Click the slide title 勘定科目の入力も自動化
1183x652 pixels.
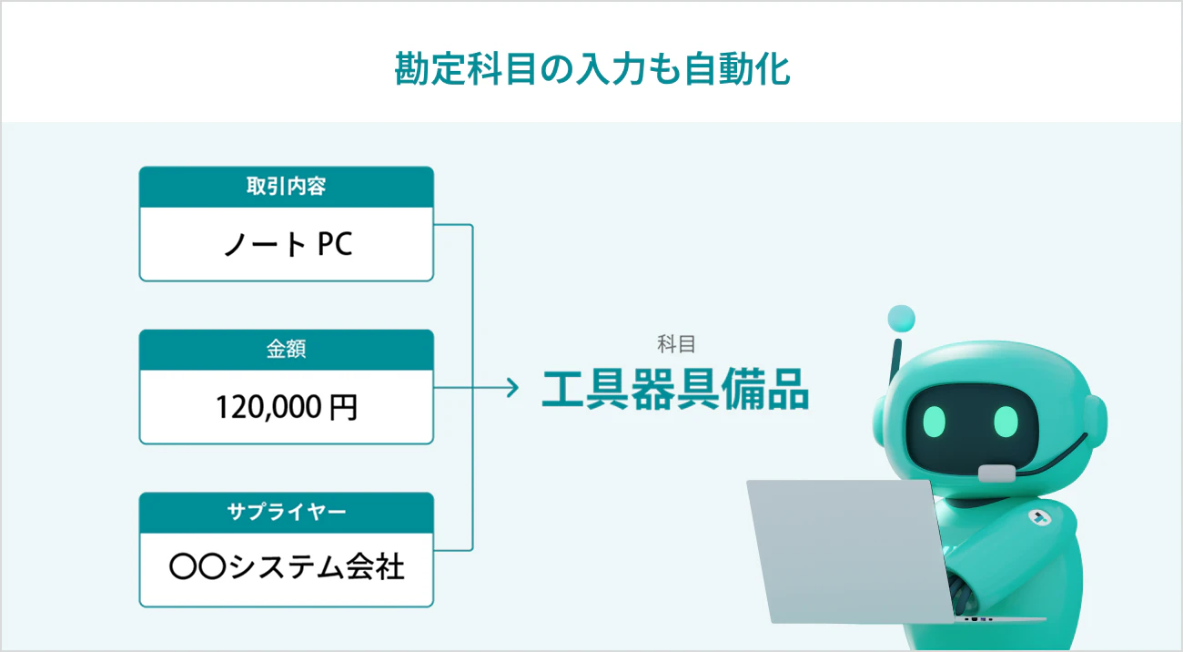click(592, 69)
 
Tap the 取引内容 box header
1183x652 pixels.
click(287, 187)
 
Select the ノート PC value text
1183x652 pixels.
click(288, 244)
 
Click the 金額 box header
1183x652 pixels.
click(287, 350)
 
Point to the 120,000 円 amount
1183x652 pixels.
click(287, 407)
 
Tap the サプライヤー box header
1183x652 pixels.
click(287, 512)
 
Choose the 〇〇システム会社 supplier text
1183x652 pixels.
click(287, 566)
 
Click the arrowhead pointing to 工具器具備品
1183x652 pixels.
click(513, 388)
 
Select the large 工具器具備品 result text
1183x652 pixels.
click(675, 390)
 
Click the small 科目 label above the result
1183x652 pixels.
click(676, 344)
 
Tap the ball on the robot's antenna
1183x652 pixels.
click(902, 319)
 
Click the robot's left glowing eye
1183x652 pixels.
click(935, 422)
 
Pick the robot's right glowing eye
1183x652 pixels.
click(1006, 422)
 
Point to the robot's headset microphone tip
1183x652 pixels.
click(996, 473)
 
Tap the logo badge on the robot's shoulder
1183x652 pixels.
click(1040, 518)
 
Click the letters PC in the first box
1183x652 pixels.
click(335, 244)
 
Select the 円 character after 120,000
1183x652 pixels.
click(344, 408)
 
